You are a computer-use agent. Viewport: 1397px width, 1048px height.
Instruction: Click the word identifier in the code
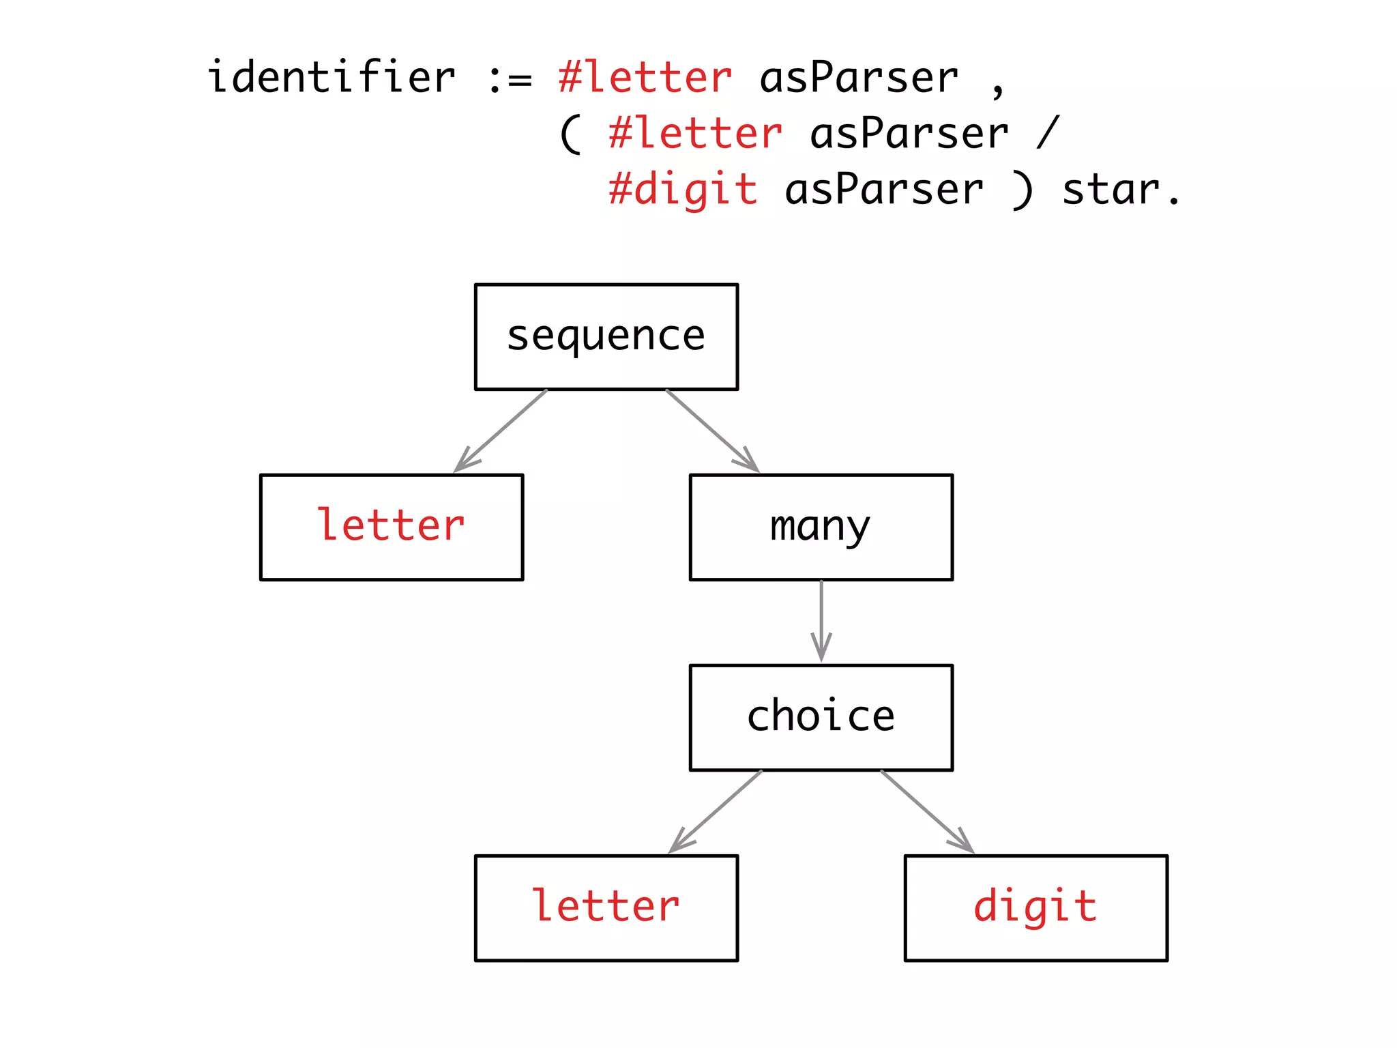[332, 76]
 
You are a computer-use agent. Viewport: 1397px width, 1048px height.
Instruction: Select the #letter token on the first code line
[645, 76]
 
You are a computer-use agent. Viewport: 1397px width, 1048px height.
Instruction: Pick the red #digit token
[683, 189]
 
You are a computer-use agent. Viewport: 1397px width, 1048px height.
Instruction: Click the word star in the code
[1111, 190]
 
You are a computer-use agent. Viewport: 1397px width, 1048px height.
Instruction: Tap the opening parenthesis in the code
[570, 134]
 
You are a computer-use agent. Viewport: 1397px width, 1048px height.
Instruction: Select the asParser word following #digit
[884, 189]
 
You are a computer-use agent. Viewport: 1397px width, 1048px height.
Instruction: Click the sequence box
[606, 336]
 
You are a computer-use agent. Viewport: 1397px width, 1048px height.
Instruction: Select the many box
[821, 527]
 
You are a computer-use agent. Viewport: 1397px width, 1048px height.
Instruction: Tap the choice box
[821, 717]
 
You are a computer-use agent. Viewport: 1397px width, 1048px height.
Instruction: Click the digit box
[1035, 907]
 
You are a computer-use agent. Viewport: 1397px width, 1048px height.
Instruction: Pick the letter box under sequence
[392, 527]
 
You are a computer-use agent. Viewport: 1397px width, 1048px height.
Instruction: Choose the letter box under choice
[606, 907]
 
